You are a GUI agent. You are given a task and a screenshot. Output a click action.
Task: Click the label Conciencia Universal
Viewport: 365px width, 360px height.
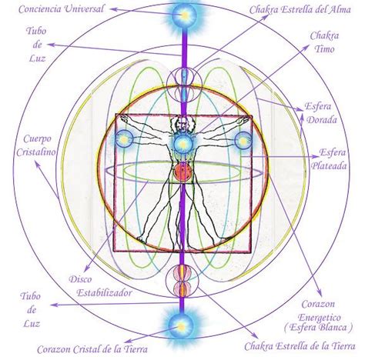point(62,9)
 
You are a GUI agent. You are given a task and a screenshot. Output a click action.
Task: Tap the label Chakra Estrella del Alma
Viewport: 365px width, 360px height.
point(300,10)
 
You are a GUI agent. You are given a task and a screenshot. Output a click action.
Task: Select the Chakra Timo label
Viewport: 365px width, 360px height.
point(324,42)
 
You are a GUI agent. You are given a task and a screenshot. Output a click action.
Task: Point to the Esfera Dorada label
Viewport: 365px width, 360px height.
point(321,113)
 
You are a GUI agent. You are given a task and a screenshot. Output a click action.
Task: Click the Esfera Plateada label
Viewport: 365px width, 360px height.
point(330,159)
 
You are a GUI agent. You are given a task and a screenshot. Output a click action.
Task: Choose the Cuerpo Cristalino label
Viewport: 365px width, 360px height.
point(36,145)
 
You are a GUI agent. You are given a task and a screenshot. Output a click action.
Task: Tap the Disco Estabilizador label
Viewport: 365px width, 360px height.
point(101,286)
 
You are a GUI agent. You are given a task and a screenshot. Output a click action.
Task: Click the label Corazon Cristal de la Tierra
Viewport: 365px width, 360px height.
point(92,349)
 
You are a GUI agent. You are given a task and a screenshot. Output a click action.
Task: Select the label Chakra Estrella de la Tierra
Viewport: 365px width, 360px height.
point(300,346)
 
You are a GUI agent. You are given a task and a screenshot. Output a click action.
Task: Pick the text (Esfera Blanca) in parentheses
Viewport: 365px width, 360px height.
point(318,328)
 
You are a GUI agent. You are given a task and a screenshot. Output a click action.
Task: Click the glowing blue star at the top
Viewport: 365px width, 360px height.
point(184,15)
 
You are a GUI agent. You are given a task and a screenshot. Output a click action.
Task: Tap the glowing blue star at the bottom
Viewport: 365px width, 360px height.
point(181,326)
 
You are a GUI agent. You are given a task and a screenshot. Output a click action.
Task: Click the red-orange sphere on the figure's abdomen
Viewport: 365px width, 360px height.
point(182,172)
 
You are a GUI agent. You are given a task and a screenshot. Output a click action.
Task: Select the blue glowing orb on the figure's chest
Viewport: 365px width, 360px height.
point(182,144)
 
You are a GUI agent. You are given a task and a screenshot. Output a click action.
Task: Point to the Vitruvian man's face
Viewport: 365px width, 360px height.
point(182,125)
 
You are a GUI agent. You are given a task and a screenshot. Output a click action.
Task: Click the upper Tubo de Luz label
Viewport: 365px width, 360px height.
point(37,45)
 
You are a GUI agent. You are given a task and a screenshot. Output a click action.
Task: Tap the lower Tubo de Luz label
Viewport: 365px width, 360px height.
point(31,310)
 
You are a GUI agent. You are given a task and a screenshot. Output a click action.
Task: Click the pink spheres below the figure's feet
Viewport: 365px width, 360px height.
point(182,280)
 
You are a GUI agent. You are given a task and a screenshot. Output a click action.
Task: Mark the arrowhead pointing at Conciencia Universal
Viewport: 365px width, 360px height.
point(113,9)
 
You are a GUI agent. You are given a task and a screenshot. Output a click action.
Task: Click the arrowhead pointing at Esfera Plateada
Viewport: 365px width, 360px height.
point(316,156)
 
